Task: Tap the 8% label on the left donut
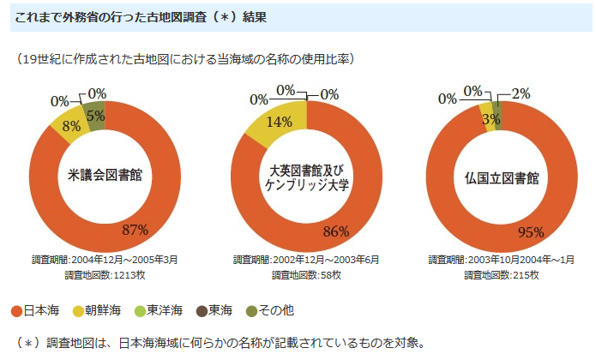(72, 126)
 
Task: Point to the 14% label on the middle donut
(280, 122)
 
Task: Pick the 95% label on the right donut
(533, 231)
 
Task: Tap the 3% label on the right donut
(491, 119)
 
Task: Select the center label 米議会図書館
(105, 177)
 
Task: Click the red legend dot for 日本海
(16, 309)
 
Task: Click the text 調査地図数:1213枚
(105, 275)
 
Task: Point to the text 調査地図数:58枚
(306, 275)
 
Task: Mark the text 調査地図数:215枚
(502, 275)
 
